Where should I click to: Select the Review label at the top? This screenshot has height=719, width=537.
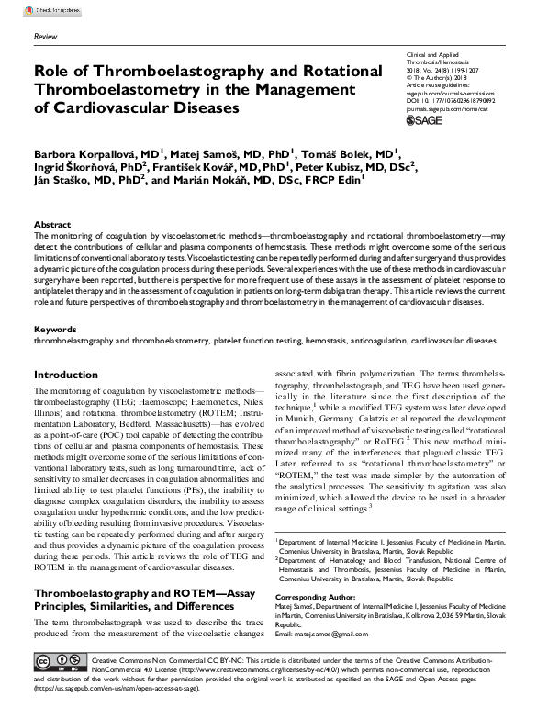click(x=45, y=37)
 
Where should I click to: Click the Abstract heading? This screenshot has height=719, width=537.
click(x=52, y=225)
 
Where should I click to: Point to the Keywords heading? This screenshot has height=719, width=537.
click(x=55, y=328)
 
